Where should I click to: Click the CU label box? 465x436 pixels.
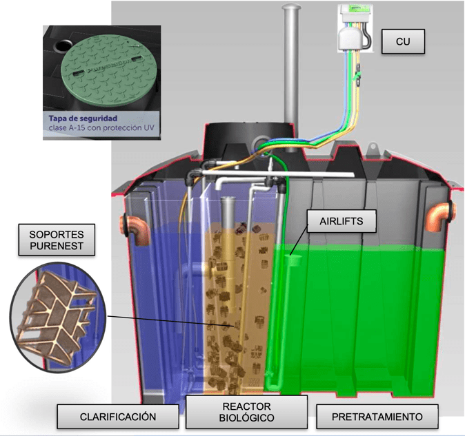(x=403, y=41)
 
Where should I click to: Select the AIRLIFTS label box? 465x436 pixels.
(x=342, y=221)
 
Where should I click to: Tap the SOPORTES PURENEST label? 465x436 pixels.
(x=57, y=240)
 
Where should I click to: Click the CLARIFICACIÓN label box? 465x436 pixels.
(x=118, y=417)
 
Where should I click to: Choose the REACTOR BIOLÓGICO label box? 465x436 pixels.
(x=246, y=412)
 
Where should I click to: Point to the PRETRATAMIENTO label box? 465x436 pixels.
(x=377, y=417)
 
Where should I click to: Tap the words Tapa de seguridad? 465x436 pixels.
(x=83, y=118)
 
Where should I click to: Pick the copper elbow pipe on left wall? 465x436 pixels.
(x=135, y=229)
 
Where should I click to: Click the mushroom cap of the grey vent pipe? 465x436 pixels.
(x=292, y=6)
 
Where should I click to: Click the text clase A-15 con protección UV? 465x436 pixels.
(x=101, y=128)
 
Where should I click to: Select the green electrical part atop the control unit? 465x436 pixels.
(x=355, y=9)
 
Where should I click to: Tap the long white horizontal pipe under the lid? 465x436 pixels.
(x=278, y=174)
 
